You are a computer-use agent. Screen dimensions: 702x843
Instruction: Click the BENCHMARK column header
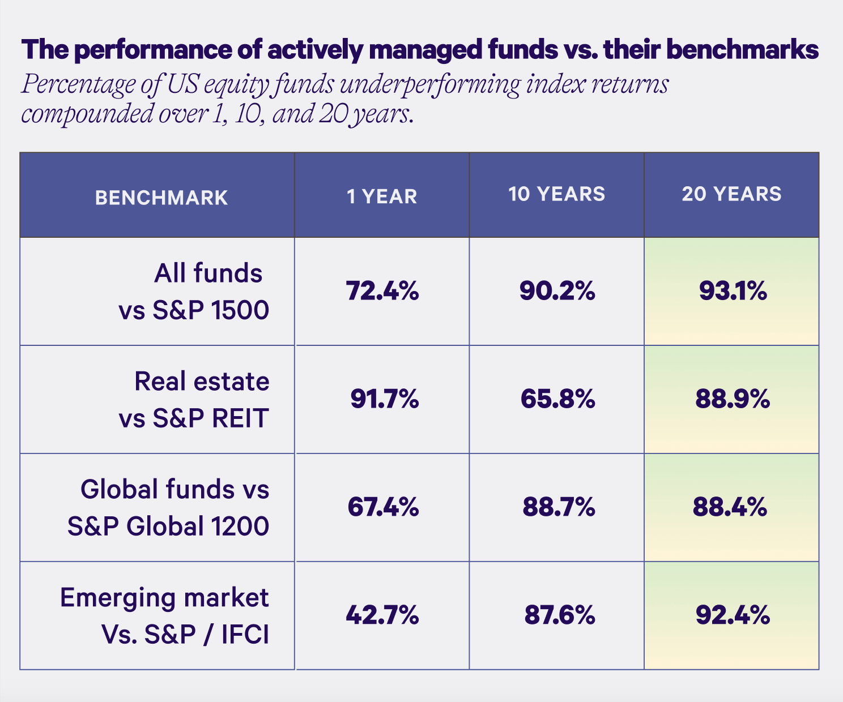point(161,198)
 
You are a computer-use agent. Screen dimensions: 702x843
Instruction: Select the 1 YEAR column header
point(382,196)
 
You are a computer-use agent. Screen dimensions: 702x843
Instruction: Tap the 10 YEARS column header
point(556,194)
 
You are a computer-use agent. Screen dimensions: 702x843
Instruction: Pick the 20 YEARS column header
point(731,194)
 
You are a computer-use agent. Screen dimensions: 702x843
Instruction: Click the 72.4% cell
point(382,292)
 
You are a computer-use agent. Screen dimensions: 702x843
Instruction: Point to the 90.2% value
point(557,292)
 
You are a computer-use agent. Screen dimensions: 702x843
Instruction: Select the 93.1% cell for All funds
point(732,292)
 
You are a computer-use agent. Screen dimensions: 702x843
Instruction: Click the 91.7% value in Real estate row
point(384,400)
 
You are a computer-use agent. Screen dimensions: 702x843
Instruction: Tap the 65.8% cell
point(557,400)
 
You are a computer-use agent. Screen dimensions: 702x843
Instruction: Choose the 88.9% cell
point(732,400)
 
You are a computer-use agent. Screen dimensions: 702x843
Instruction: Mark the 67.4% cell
point(383,507)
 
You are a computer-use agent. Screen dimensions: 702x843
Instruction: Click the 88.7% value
point(558,507)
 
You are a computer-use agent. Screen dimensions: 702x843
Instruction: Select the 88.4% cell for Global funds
point(730,507)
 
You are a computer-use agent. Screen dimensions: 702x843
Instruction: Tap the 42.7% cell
point(382,615)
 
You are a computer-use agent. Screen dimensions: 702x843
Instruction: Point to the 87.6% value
point(559,615)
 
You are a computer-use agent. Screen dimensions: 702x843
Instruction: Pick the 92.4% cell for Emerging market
point(732,615)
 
